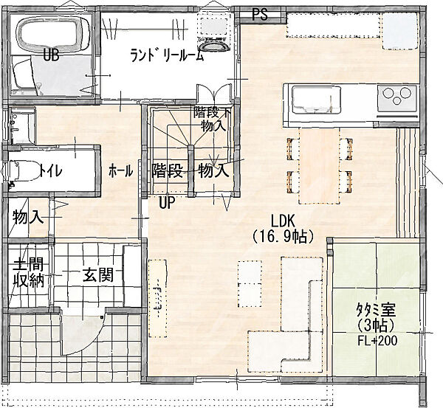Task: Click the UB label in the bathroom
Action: (51, 56)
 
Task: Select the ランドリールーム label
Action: (167, 55)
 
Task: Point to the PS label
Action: (260, 15)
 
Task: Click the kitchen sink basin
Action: (317, 100)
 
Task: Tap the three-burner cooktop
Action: (396, 97)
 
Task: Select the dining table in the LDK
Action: (319, 165)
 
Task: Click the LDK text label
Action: (283, 221)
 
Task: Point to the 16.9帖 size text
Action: (284, 238)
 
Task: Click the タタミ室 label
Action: (376, 311)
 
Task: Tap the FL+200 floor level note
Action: (377, 341)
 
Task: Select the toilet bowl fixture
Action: (22, 170)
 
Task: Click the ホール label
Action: (120, 171)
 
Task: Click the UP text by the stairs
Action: (166, 202)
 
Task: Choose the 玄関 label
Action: (97, 274)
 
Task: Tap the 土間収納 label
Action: (29, 273)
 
